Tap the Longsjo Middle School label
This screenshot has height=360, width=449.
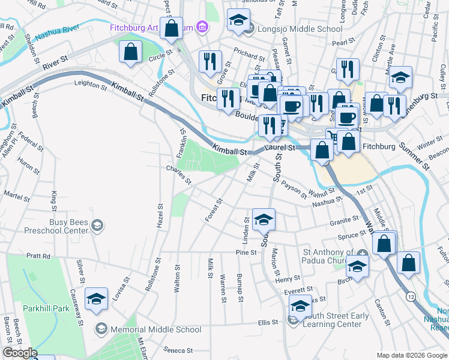[292, 28]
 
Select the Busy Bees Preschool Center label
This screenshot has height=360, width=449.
[59, 226]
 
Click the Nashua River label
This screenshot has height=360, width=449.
[58, 36]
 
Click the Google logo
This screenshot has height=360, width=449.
[20, 353]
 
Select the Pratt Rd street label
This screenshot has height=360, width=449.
[38, 256]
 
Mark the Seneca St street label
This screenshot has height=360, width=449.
[179, 350]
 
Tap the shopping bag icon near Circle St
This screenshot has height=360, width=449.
[130, 52]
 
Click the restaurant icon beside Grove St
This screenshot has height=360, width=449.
[209, 62]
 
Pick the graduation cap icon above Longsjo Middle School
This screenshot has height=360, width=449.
[238, 20]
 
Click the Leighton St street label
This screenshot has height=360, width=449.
[90, 86]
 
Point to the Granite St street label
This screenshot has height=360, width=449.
[344, 221]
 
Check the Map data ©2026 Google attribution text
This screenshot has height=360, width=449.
[411, 355]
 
